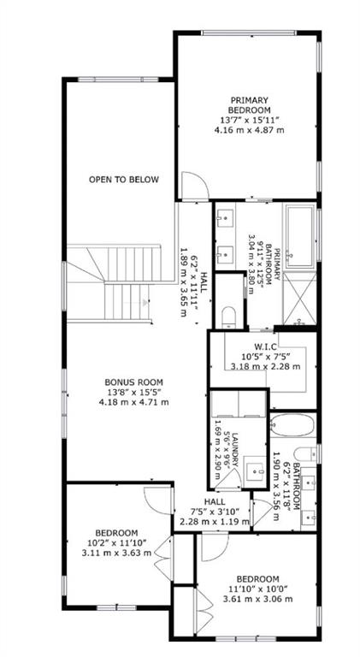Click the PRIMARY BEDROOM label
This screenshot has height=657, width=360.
point(249,105)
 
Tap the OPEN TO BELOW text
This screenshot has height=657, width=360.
point(124,180)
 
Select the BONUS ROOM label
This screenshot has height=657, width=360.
point(133,382)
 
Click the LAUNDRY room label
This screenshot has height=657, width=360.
point(235,450)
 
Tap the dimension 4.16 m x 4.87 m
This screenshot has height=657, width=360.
point(249,130)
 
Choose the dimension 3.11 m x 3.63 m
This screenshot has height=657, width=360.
point(117,553)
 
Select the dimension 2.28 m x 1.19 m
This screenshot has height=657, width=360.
point(215,522)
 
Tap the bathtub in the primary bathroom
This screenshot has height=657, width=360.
point(300,235)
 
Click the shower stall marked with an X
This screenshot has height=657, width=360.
point(300,299)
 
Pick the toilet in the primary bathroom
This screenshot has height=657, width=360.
point(229,317)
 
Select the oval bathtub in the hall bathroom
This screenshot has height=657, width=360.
point(292,425)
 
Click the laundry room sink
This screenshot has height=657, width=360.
point(255,469)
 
